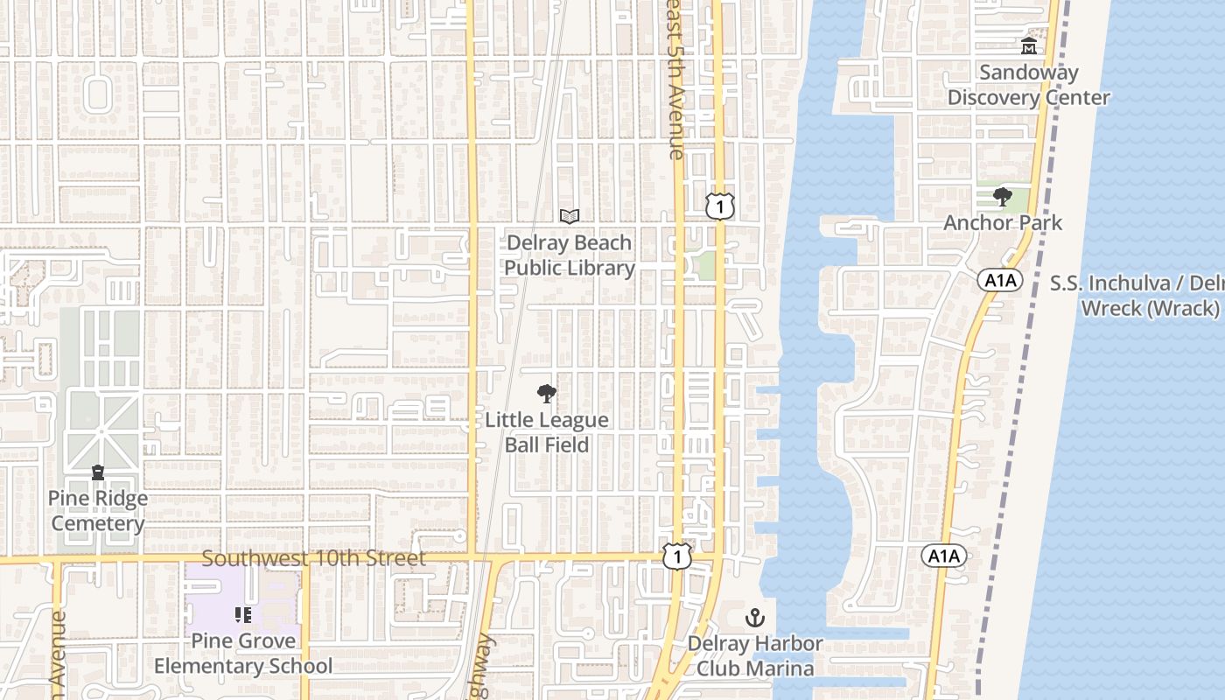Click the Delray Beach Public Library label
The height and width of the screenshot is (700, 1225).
[570, 255]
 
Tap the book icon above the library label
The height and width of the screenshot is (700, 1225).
[570, 216]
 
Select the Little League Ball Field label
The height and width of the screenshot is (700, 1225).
[547, 432]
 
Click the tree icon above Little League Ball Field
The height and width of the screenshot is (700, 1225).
[546, 394]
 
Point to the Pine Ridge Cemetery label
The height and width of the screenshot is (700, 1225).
[98, 511]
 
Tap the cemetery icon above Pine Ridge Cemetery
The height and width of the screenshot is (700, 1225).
[98, 472]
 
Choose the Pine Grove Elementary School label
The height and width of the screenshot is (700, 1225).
[243, 654]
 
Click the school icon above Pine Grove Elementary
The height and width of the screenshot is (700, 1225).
[243, 615]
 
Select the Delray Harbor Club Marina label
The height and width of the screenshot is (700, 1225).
[754, 656]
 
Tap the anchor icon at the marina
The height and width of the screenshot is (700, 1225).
[754, 619]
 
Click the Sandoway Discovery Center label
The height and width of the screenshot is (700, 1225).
[1028, 85]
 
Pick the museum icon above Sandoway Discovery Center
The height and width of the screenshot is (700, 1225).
[1028, 46]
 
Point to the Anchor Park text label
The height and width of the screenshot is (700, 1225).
[1003, 223]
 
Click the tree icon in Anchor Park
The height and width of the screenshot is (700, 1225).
[1003, 197]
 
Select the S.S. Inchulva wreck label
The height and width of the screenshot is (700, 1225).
[1137, 296]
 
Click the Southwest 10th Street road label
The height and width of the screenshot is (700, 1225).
[314, 558]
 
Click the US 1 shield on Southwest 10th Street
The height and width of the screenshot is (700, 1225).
[677, 556]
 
